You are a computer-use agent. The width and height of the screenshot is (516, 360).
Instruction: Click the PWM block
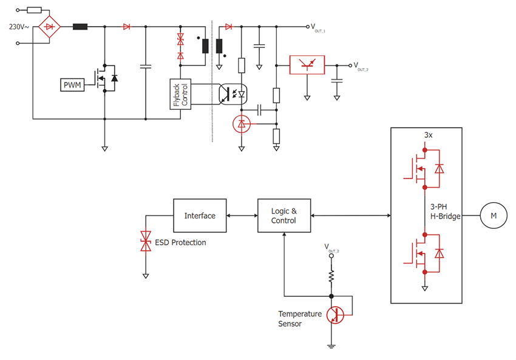(x=71, y=85)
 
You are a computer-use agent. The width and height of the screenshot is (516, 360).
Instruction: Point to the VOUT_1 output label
(x=319, y=27)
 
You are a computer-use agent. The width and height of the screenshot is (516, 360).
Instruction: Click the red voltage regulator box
(x=307, y=64)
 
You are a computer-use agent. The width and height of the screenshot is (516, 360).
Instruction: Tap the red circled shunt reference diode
(x=242, y=124)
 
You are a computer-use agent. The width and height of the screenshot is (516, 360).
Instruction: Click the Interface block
(x=200, y=216)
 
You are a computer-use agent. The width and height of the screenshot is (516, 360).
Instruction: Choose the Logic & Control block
(x=283, y=216)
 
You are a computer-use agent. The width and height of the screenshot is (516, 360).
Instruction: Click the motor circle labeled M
(x=493, y=216)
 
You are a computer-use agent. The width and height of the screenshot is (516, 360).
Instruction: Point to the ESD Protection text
(x=180, y=242)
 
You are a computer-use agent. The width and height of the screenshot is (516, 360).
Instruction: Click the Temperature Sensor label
(x=300, y=319)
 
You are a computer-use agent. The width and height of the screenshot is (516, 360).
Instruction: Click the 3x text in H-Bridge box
(x=427, y=135)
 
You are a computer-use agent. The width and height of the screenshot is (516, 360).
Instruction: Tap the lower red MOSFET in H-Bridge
(x=416, y=253)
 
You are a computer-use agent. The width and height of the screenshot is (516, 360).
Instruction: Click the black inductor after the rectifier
(x=80, y=27)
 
